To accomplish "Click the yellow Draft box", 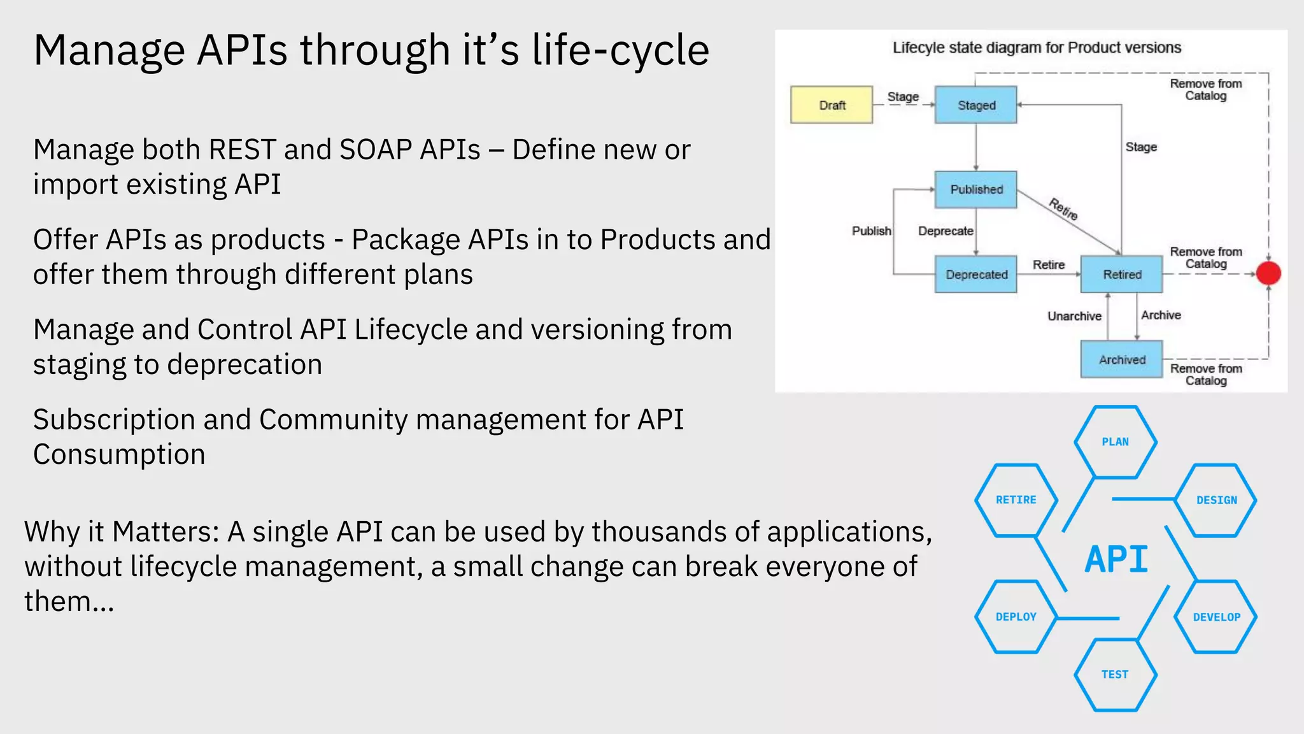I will pyautogui.click(x=832, y=105).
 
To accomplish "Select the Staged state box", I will pyautogui.click(x=975, y=105).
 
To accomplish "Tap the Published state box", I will pyautogui.click(x=975, y=189).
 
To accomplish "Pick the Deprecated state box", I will pyautogui.click(x=975, y=275).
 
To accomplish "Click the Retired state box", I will pyautogui.click(x=1121, y=275).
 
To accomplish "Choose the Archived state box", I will pyautogui.click(x=1121, y=360).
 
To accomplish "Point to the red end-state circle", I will pyautogui.click(x=1268, y=273).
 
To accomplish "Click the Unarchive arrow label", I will pyautogui.click(x=1074, y=316).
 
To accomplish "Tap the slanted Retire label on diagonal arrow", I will pyautogui.click(x=1063, y=209).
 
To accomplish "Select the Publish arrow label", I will pyautogui.click(x=871, y=231).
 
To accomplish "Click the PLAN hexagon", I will pyautogui.click(x=1115, y=442).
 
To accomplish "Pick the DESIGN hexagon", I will pyautogui.click(x=1215, y=500).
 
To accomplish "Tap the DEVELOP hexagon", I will pyautogui.click(x=1215, y=617).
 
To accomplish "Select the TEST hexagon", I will pyautogui.click(x=1115, y=674).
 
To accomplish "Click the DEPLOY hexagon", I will pyautogui.click(x=1016, y=617).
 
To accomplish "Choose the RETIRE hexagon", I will pyautogui.click(x=1016, y=500).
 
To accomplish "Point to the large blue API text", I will pyautogui.click(x=1116, y=559).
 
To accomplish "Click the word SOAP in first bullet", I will pyautogui.click(x=377, y=150).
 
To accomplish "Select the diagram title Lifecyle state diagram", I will pyautogui.click(x=1036, y=48).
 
